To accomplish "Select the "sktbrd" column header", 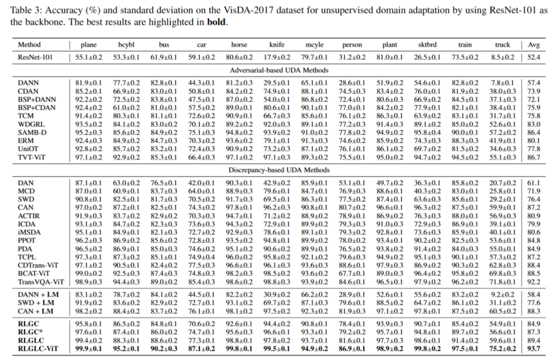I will [x=427, y=45].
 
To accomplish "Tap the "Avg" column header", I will [x=535, y=45].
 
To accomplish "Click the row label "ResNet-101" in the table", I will [x=34, y=58].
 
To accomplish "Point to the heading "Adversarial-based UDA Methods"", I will [x=279, y=70].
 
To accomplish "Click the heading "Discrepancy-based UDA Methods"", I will [x=279, y=170].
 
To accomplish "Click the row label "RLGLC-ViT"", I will [x=37, y=348].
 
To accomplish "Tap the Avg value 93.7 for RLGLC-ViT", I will [x=535, y=348].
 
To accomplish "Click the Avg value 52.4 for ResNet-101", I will [x=535, y=58].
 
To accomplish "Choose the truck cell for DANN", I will [x=502, y=83].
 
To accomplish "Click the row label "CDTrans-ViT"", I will [x=38, y=265].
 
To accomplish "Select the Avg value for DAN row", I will [x=535, y=182].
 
